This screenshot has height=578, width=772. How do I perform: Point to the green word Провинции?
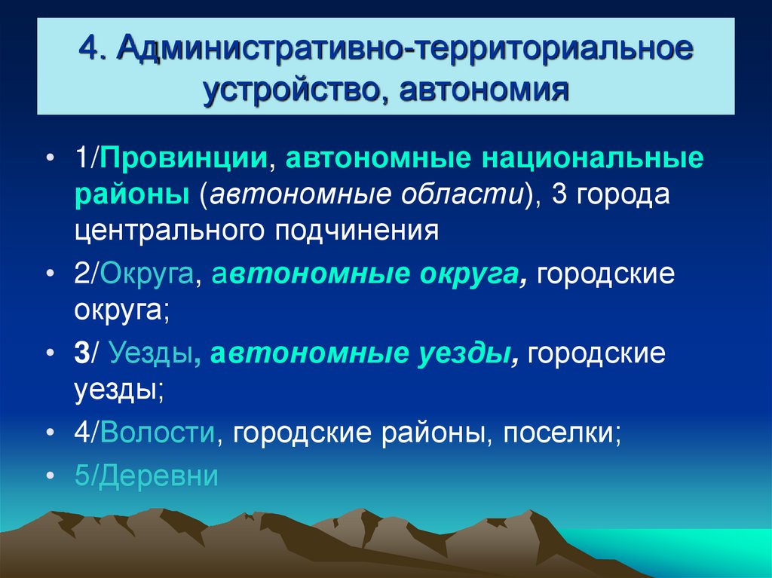[x=185, y=161]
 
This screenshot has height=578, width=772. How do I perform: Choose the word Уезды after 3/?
[x=151, y=354]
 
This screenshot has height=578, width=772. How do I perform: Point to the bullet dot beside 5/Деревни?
[x=49, y=476]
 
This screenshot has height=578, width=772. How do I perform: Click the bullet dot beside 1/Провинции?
[x=49, y=162]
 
